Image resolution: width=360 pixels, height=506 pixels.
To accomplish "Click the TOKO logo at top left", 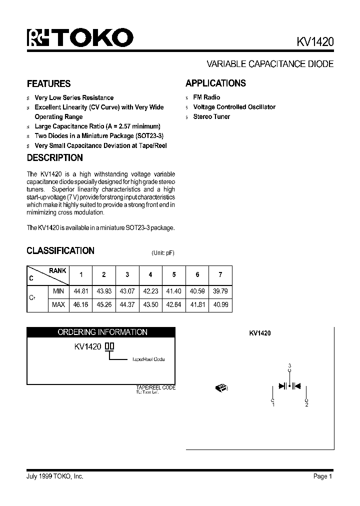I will (x=80, y=38).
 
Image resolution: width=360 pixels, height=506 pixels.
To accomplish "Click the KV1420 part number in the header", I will (x=311, y=42).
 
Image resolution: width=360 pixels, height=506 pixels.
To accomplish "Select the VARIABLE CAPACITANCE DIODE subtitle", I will (x=270, y=64).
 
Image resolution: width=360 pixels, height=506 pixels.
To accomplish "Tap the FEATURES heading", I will (x=48, y=83).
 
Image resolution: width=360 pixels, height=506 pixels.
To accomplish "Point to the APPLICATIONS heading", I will (x=215, y=83).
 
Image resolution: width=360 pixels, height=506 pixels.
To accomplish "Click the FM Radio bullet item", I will (x=206, y=97).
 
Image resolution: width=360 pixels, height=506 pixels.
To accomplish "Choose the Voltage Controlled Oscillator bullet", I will (x=234, y=107).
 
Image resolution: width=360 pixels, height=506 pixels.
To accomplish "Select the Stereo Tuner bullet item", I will (x=211, y=116).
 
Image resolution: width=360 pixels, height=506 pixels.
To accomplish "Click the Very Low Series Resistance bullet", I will (x=74, y=98).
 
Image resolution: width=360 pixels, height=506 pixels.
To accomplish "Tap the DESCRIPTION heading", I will (x=54, y=158).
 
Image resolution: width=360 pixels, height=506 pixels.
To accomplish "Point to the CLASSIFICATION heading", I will (x=60, y=250).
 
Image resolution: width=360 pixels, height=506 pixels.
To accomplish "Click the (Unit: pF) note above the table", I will (x=163, y=253).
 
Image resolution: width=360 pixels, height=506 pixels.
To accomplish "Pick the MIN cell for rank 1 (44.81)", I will (x=80, y=291).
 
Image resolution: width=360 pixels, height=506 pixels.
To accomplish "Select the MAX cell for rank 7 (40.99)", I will (x=220, y=304).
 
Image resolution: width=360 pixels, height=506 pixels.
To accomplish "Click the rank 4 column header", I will (x=150, y=274).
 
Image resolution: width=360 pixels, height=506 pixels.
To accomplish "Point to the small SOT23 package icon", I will (x=220, y=387).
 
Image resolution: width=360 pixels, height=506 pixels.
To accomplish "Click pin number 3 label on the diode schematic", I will (x=289, y=366).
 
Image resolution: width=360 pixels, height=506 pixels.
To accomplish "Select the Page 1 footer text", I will (x=322, y=476).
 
